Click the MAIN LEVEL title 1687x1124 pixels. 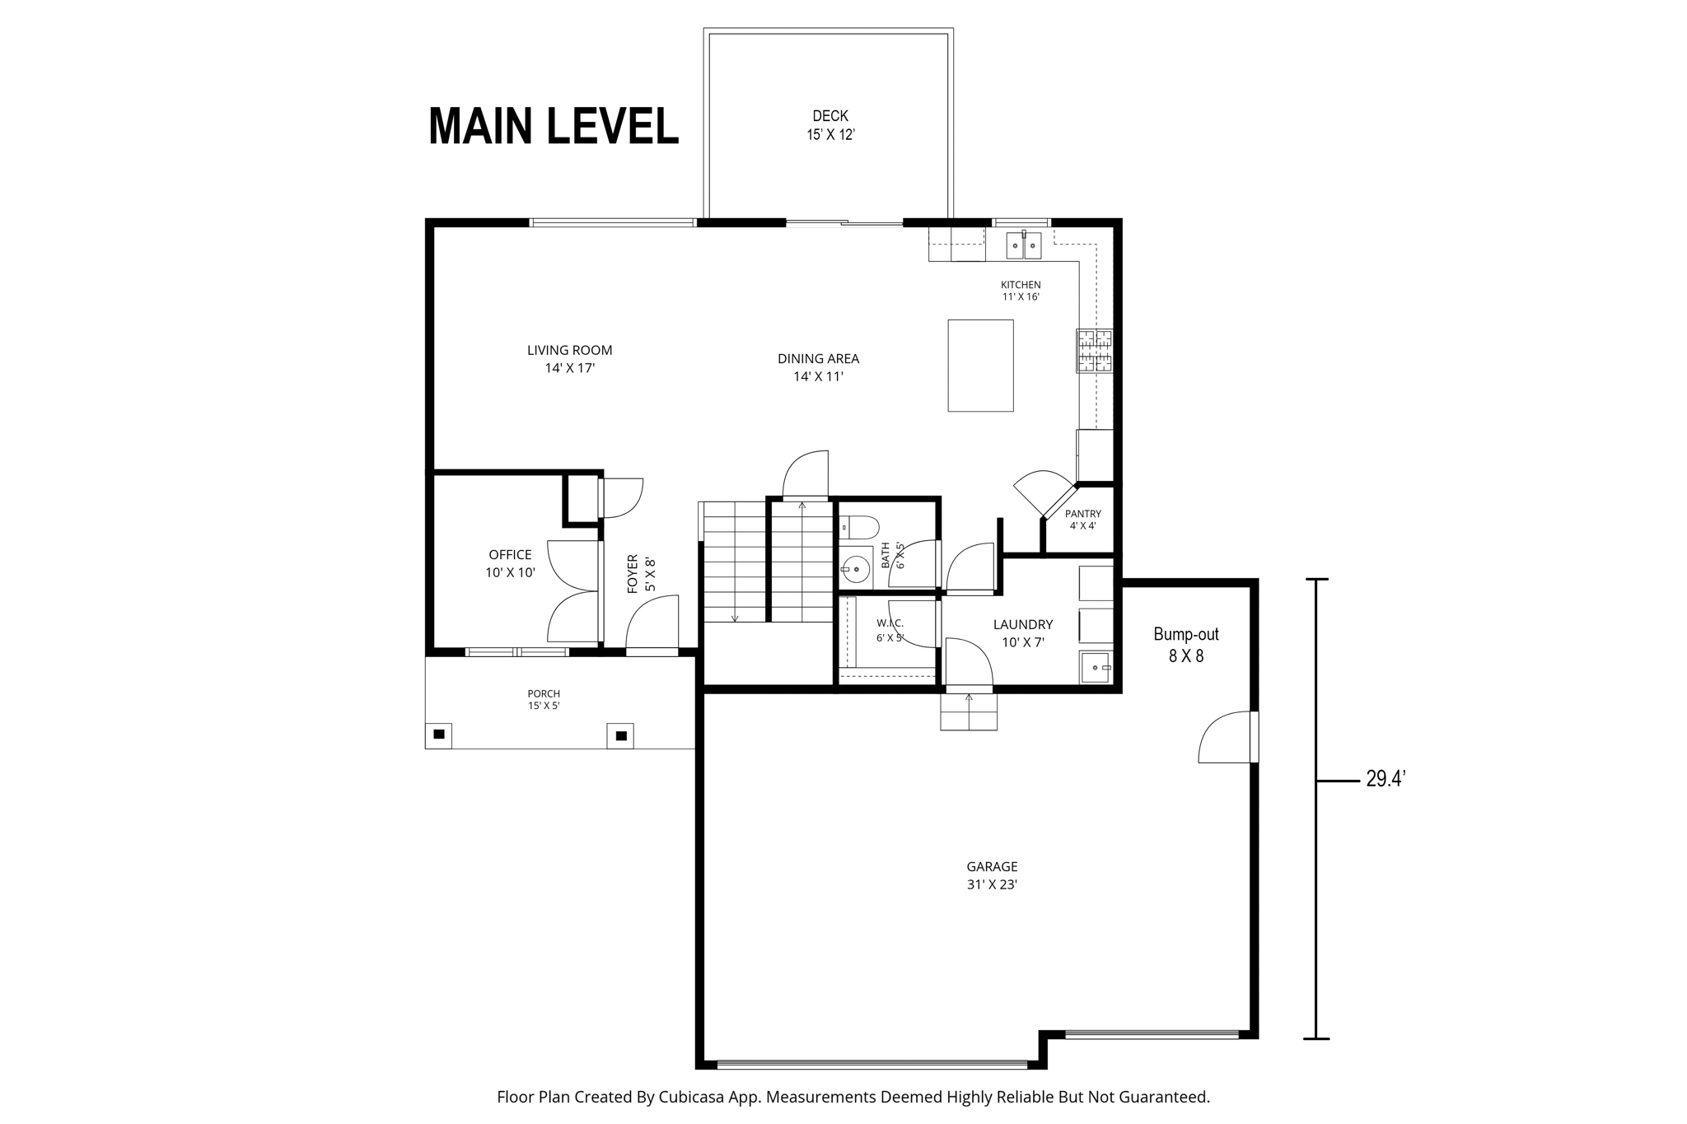pyautogui.click(x=554, y=126)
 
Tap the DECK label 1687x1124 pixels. pyautogui.click(x=830, y=116)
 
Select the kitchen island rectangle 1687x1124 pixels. pyautogui.click(x=980, y=366)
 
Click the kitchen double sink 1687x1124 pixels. pyautogui.click(x=1024, y=245)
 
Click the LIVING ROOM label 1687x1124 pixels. pyautogui.click(x=570, y=350)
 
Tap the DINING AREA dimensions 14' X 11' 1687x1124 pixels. pyautogui.click(x=819, y=376)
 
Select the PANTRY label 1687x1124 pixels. pyautogui.click(x=1083, y=514)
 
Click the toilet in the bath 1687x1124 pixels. pyautogui.click(x=859, y=526)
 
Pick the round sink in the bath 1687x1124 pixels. pyautogui.click(x=857, y=568)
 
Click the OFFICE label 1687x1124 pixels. pyautogui.click(x=511, y=555)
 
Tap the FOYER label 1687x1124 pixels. pyautogui.click(x=633, y=574)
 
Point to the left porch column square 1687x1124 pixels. pyautogui.click(x=439, y=734)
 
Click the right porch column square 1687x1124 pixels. pyautogui.click(x=621, y=735)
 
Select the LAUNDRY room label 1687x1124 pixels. pyautogui.click(x=1023, y=625)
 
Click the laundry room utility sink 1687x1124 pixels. pyautogui.click(x=1096, y=667)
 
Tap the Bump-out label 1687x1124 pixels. pyautogui.click(x=1186, y=635)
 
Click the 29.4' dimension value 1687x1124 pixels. pyautogui.click(x=1386, y=779)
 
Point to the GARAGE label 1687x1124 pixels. pyautogui.click(x=993, y=866)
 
